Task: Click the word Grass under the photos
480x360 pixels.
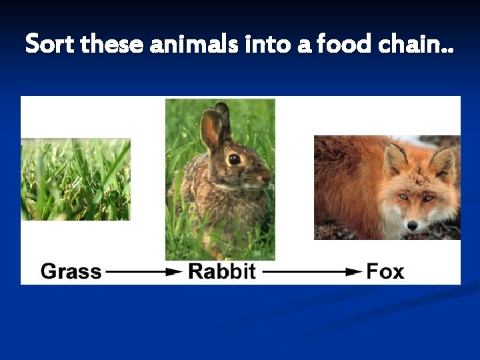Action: click(71, 271)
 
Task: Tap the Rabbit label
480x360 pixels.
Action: click(222, 271)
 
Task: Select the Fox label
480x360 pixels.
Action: click(385, 271)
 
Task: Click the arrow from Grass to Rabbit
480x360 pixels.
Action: click(144, 272)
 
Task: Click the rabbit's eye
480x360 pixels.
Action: click(234, 159)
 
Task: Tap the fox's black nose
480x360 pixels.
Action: click(412, 225)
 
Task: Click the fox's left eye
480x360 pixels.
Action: click(403, 197)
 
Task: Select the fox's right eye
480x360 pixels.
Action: click(429, 197)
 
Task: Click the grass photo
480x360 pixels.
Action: click(75, 179)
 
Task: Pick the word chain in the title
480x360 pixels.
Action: click(411, 45)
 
